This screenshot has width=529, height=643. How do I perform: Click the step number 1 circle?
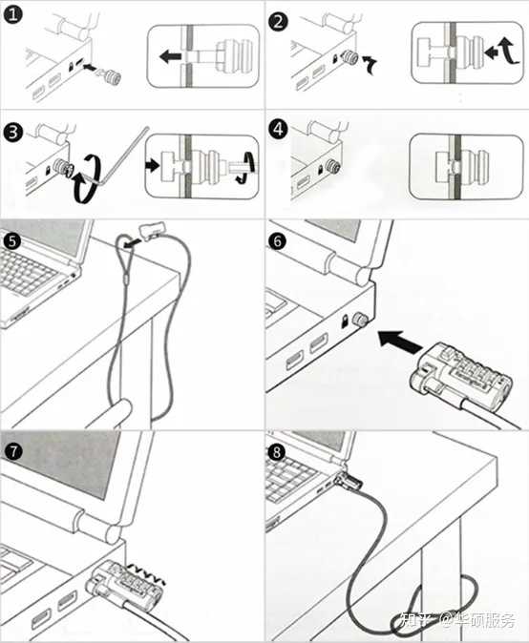click(13, 15)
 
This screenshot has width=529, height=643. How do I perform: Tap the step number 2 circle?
click(278, 20)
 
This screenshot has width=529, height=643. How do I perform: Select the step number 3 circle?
click(13, 133)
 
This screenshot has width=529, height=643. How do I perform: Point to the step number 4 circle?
click(278, 129)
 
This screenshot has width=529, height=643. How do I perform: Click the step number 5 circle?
click(11, 240)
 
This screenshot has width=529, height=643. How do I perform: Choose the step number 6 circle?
click(278, 241)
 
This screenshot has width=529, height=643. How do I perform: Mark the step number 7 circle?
click(14, 451)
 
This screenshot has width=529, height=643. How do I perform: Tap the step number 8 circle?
click(277, 452)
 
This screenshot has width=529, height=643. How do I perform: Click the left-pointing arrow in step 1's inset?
click(170, 56)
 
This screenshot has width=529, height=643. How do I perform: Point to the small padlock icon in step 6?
click(345, 321)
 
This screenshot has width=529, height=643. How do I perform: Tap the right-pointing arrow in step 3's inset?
click(152, 166)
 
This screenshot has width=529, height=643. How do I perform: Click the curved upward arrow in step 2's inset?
click(509, 51)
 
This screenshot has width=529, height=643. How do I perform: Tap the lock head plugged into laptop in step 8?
click(349, 481)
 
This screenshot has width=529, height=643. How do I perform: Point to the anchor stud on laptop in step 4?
click(333, 166)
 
